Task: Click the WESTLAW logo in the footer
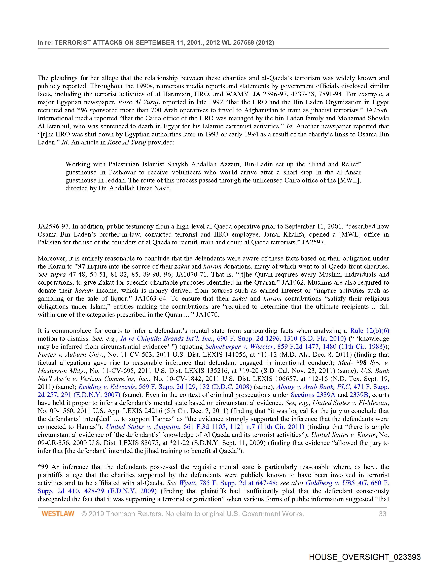58,513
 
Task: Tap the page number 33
382,513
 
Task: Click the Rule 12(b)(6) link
369,331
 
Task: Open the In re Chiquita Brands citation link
233,339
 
